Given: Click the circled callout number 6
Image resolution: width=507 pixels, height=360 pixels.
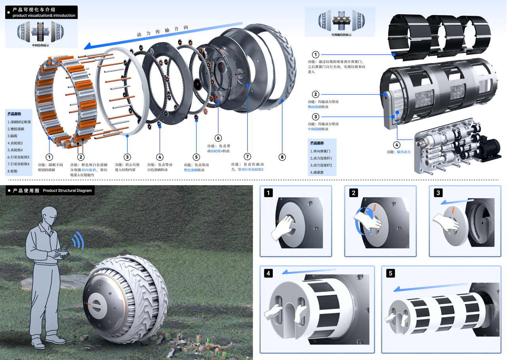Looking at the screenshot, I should tap(218, 138).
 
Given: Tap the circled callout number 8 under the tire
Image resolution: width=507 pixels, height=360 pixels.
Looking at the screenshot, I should tap(282, 157).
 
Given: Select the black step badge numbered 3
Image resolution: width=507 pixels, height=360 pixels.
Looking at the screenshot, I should tap(438, 193).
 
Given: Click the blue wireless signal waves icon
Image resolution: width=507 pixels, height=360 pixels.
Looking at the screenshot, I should tap(78, 239).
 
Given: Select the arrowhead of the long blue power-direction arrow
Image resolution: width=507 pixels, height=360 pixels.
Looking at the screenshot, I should tap(88, 46).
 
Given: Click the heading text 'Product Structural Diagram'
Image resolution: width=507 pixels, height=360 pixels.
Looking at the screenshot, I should tap(67, 191).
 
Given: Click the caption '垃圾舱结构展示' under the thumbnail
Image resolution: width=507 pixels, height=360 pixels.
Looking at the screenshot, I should tap(341, 35).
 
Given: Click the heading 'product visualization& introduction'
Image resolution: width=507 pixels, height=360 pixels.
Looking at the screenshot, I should tap(44, 15).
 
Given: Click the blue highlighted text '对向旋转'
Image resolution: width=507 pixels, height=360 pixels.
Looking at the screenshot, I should tap(88, 169).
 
